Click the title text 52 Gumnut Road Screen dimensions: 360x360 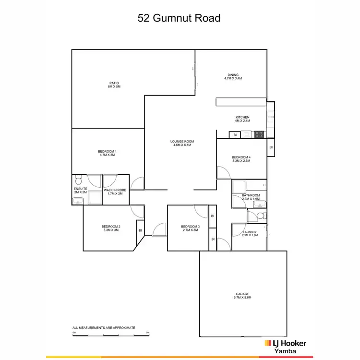(179, 19)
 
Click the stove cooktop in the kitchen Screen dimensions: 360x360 (260, 134)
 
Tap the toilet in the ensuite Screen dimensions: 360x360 (79, 181)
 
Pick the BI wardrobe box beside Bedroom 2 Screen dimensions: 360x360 (140, 230)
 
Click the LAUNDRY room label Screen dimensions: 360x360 (250, 233)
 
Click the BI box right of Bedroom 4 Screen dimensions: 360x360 (271, 147)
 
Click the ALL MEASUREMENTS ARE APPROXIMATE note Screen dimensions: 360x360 (104, 327)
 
